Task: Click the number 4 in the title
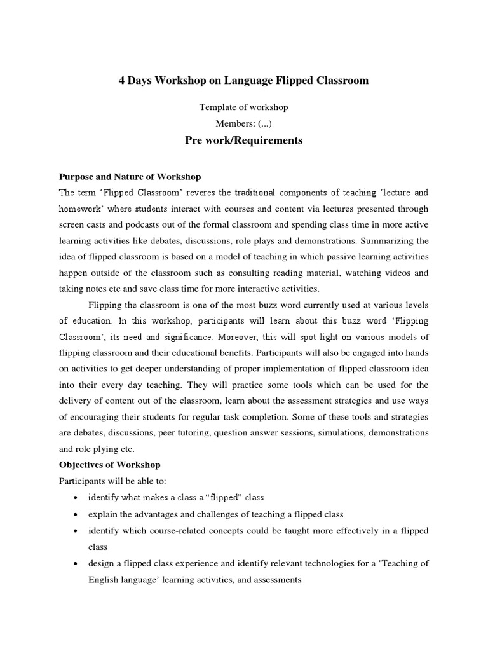[x=123, y=81]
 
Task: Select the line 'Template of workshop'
[x=243, y=108]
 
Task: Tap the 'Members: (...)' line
[x=243, y=124]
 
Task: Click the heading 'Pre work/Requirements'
[x=243, y=140]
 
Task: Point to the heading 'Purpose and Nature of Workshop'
[x=130, y=177]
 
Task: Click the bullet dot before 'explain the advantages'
[x=76, y=514]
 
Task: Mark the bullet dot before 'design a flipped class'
[x=76, y=564]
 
